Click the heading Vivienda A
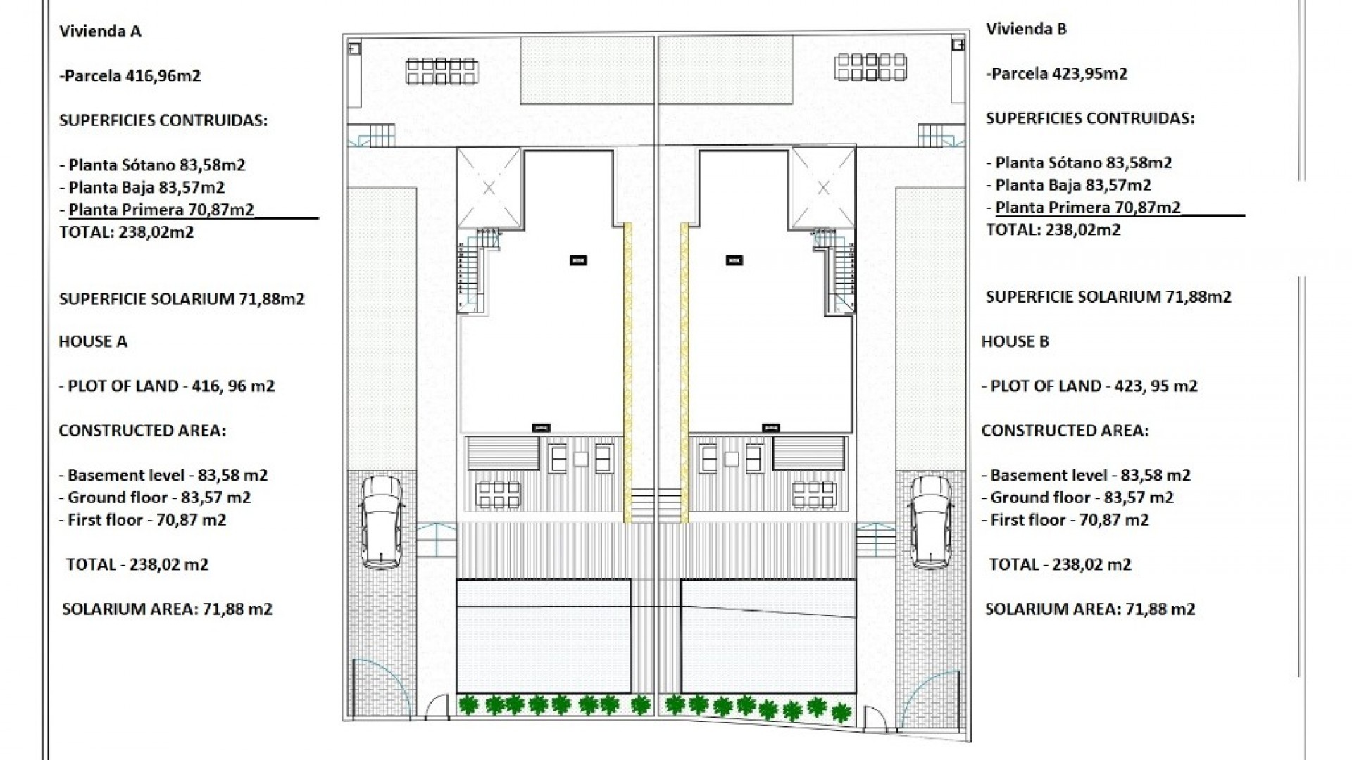tap(100, 31)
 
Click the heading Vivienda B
tap(1026, 29)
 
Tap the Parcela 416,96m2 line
tap(130, 75)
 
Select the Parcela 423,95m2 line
tap(1057, 73)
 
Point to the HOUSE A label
tap(93, 341)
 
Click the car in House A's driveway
tap(381, 521)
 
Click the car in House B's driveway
tap(931, 521)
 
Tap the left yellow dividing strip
tap(627, 373)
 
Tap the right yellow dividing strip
tap(684, 373)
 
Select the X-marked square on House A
tap(489, 189)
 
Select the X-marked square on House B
tap(823, 189)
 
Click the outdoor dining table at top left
tap(442, 71)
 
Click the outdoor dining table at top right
tap(870, 68)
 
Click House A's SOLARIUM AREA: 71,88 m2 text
tap(168, 609)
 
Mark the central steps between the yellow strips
tap(656, 505)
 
